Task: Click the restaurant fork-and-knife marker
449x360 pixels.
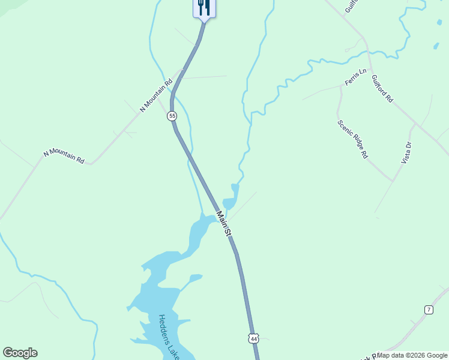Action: (204, 7)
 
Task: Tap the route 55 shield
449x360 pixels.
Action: (172, 116)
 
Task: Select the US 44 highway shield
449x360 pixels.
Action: (254, 339)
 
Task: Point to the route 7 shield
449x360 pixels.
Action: (428, 310)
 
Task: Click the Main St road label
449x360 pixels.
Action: (224, 223)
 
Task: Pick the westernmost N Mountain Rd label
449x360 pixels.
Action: (64, 155)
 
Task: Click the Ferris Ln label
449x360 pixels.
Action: (355, 77)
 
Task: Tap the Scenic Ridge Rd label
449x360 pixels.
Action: (352, 139)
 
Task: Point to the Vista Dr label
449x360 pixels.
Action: (407, 152)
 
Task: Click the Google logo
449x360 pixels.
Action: (20, 353)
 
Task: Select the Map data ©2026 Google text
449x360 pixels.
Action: (412, 355)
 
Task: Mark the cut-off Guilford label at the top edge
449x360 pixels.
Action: (351, 6)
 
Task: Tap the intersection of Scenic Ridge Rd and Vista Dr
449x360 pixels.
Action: (393, 180)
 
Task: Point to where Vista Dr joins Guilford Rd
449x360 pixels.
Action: (415, 124)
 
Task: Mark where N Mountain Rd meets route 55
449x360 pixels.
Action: (181, 70)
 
